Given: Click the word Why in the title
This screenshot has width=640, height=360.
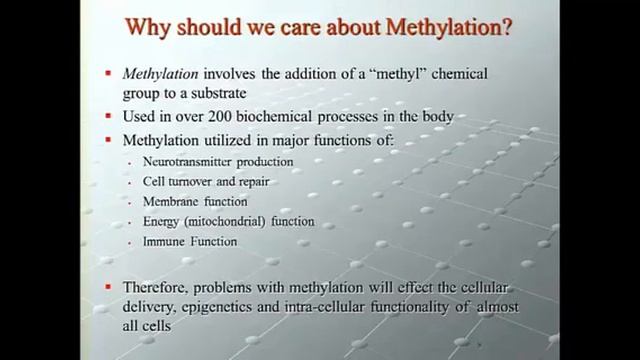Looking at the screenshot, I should coord(152,26).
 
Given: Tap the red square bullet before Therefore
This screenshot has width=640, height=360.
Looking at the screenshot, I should coord(109,287).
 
